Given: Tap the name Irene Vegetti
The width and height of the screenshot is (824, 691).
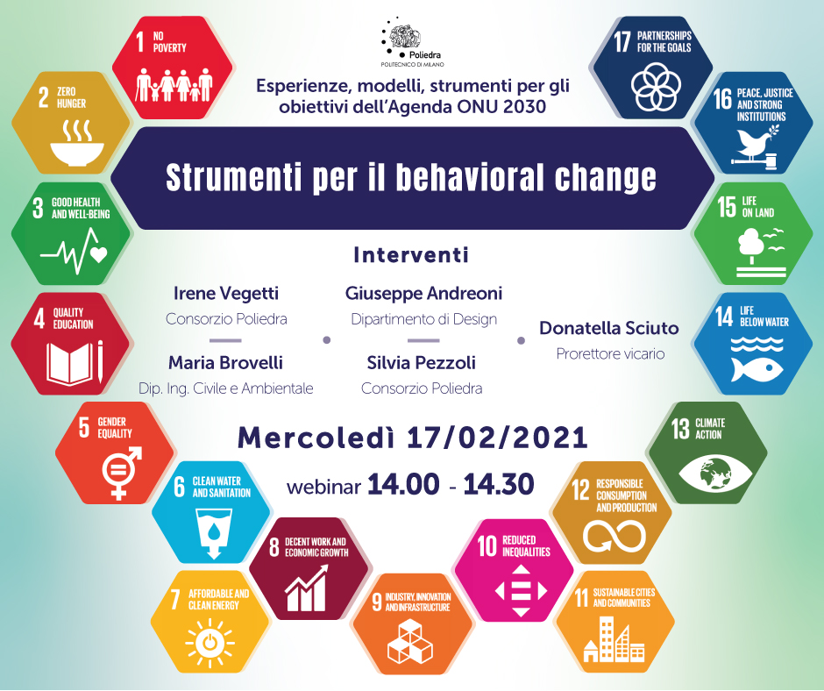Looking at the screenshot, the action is coord(226,294).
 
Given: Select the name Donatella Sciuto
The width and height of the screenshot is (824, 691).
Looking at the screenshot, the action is coord(609,328).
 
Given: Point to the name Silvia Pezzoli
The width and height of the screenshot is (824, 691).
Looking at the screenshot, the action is coord(422,362).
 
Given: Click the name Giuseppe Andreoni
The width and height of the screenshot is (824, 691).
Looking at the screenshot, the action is coord(423,294).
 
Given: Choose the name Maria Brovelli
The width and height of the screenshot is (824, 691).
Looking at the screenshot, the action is coord(225,362).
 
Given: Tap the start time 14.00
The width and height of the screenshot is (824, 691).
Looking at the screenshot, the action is coord(403,484).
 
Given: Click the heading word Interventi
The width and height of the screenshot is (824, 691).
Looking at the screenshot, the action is coord(411,255).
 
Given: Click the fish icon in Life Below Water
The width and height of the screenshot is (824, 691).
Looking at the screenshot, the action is coord(757,370).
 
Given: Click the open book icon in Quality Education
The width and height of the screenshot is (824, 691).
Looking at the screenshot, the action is coord(75,363).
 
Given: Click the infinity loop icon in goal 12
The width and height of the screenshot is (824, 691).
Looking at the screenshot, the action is coord(614,536).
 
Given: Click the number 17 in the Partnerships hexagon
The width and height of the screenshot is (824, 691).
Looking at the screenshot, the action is coord(622,41).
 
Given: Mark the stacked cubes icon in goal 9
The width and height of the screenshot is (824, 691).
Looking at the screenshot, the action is coord(410,641).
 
